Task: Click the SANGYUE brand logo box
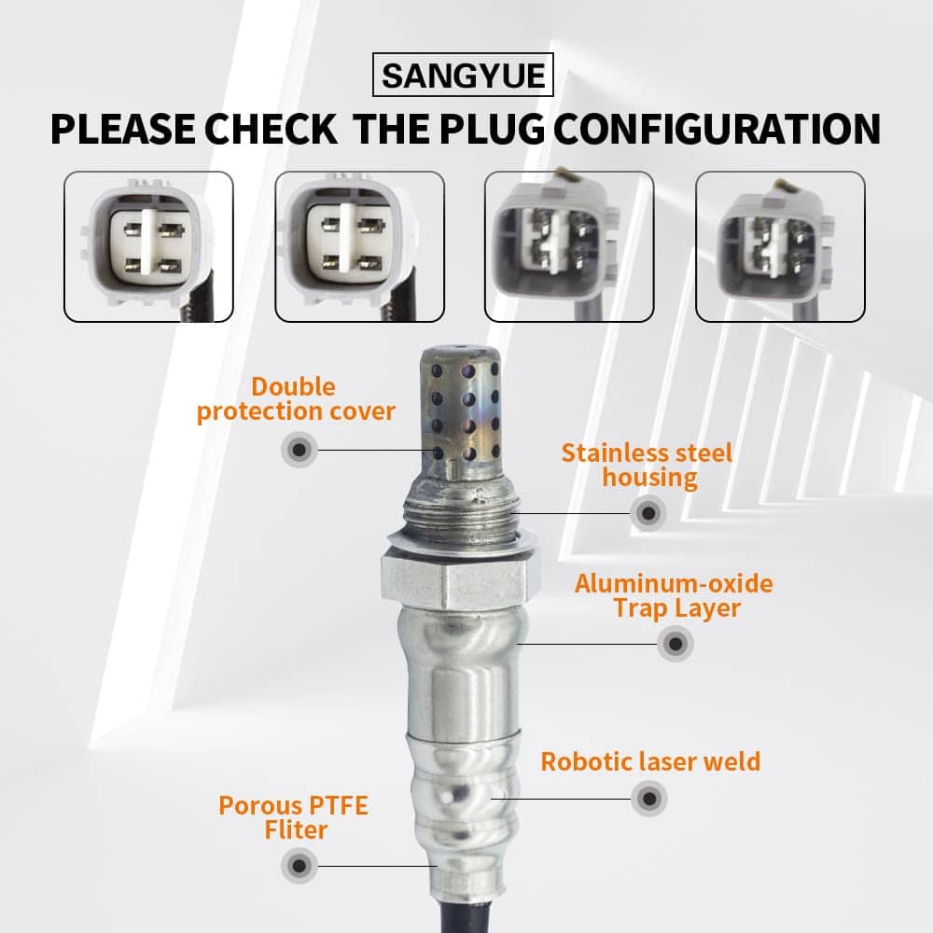(463, 75)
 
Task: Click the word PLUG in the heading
(492, 129)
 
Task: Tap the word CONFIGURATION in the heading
(717, 129)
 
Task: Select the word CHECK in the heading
(271, 129)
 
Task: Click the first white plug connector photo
(148, 247)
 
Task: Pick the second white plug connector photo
(359, 247)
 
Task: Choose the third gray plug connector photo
(569, 247)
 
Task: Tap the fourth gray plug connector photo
(780, 247)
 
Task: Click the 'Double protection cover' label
(296, 398)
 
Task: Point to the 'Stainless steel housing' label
(648, 466)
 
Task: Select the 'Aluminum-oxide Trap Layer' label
(675, 595)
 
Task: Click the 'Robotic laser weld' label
(650, 761)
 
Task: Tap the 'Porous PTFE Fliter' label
(294, 817)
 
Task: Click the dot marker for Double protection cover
(299, 450)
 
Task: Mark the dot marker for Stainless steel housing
(648, 513)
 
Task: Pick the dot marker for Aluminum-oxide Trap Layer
(675, 644)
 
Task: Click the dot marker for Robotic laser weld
(649, 799)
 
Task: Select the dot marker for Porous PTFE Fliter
(299, 867)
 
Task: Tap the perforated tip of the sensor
(459, 411)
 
